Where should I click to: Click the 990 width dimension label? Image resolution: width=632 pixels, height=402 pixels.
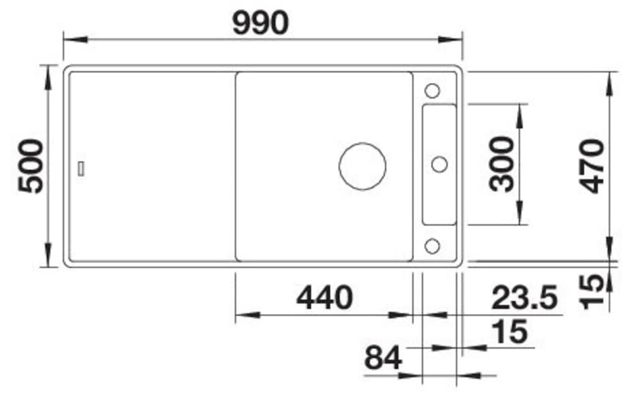tap(260, 24)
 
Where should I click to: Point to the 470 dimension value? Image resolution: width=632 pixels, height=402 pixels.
tap(593, 166)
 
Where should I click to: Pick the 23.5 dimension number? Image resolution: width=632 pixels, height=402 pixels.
tap(525, 297)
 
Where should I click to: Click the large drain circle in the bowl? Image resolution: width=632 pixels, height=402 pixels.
tap(363, 166)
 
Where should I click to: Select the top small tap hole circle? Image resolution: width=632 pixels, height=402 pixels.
tap(432, 90)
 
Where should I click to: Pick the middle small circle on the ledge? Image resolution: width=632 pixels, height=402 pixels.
tap(439, 165)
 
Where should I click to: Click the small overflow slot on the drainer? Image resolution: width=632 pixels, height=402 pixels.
tap(82, 168)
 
